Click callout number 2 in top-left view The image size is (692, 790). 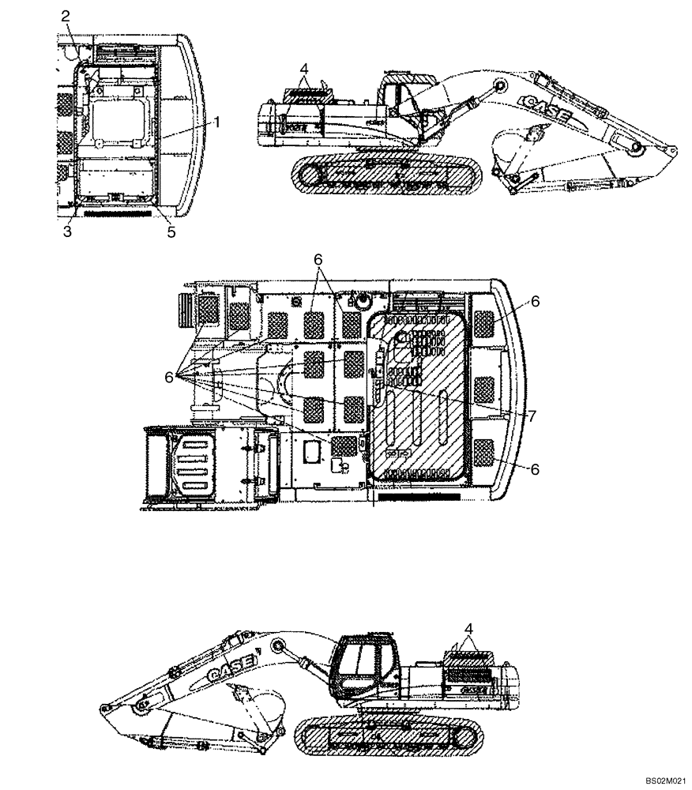pyautogui.click(x=66, y=16)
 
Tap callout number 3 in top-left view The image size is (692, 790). pyautogui.click(x=67, y=231)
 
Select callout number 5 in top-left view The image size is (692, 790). pyautogui.click(x=170, y=232)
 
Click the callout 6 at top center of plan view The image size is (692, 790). pyautogui.click(x=318, y=260)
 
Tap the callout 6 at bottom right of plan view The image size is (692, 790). pyautogui.click(x=534, y=468)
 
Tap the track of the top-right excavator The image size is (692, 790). pyautogui.click(x=385, y=175)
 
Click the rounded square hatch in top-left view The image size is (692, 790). pyautogui.click(x=118, y=118)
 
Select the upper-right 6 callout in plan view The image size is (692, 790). pyautogui.click(x=534, y=302)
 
